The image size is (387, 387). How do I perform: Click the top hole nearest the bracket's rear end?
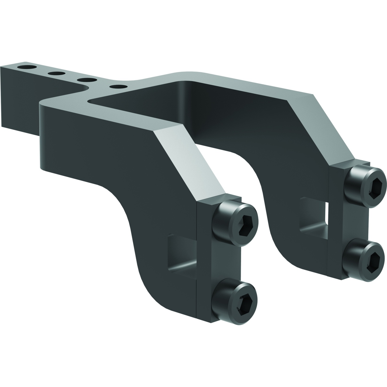(x=27, y=67)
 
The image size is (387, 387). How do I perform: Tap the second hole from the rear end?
(x=57, y=73)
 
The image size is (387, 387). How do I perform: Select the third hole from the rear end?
(x=87, y=80)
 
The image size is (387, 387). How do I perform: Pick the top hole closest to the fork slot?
(x=118, y=86)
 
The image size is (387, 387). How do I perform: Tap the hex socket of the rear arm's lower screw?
(x=373, y=263)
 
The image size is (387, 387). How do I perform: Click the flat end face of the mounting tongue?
(x=20, y=100)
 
